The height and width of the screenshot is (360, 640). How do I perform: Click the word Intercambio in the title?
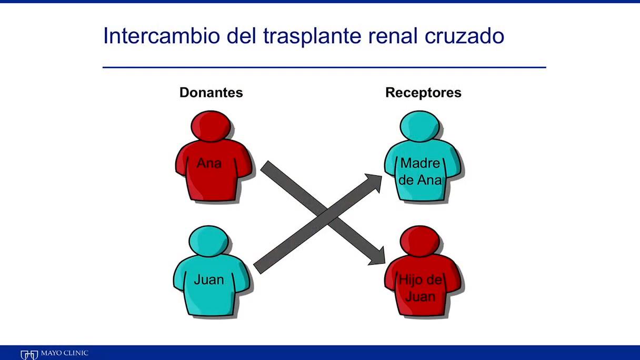(162, 36)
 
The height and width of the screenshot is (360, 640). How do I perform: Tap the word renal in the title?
(393, 36)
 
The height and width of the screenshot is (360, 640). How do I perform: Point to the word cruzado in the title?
(464, 36)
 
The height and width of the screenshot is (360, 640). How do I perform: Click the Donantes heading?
(211, 93)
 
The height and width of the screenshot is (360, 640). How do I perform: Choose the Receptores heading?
(423, 93)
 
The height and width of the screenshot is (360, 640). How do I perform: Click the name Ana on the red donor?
(209, 163)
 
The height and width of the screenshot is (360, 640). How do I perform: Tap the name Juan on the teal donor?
(209, 279)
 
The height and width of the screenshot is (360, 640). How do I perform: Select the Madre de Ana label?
(420, 172)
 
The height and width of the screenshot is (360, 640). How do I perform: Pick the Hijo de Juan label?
(421, 288)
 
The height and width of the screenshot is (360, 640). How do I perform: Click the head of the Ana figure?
(211, 126)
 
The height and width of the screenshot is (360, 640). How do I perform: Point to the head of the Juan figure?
(208, 241)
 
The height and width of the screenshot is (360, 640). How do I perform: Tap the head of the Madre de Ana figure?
(419, 126)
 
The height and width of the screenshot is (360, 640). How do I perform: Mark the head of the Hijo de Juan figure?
(419, 241)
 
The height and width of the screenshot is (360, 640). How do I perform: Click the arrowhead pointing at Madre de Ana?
(374, 182)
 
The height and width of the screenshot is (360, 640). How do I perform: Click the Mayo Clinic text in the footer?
(65, 353)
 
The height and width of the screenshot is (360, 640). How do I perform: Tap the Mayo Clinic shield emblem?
(29, 355)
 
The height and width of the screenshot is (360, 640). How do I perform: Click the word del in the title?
(242, 36)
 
